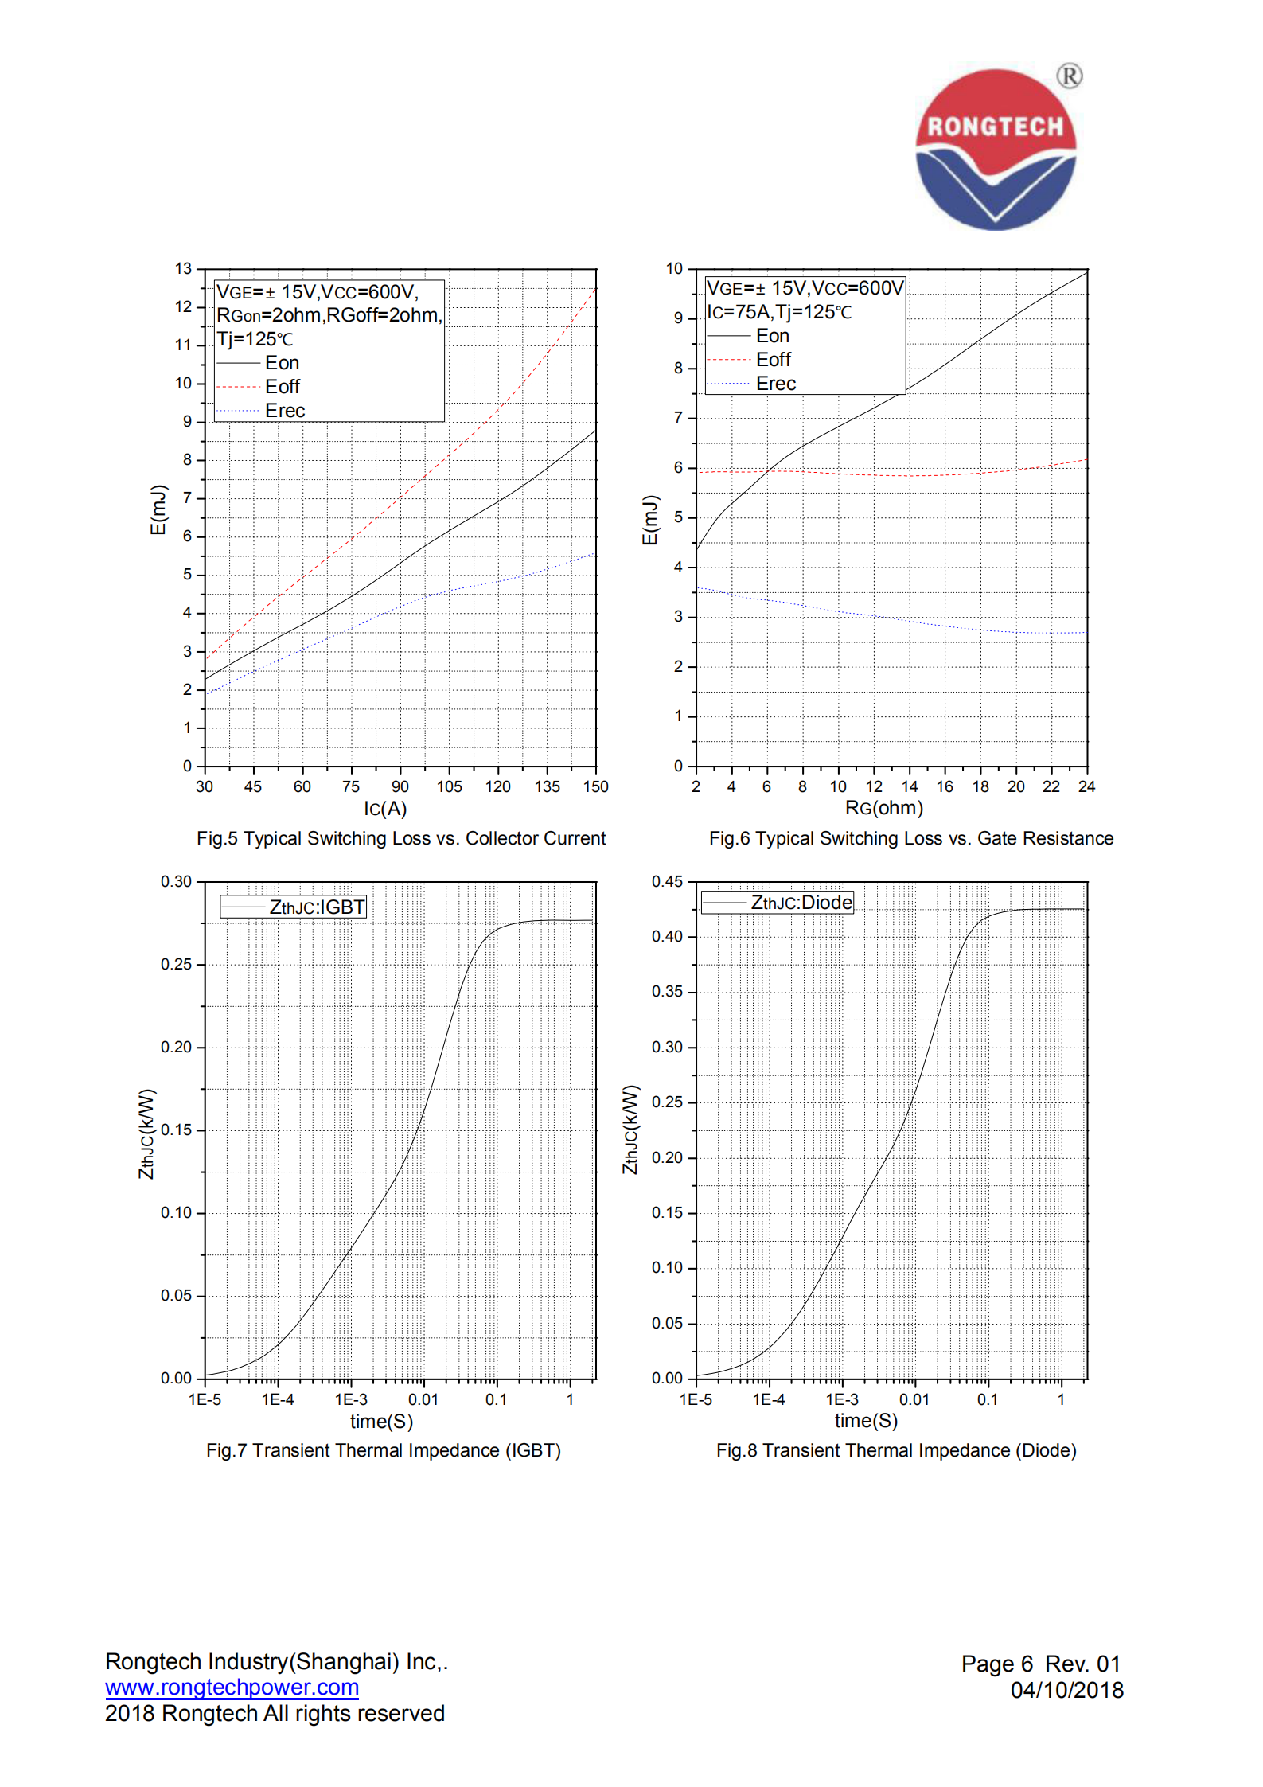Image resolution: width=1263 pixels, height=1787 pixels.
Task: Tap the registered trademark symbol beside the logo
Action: click(1070, 76)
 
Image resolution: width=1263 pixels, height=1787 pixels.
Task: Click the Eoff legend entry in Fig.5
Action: click(282, 387)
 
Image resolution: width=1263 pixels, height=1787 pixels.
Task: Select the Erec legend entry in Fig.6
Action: click(775, 384)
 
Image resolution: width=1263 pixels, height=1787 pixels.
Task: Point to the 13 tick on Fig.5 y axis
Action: click(184, 269)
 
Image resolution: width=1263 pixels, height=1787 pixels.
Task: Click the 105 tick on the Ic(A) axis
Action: click(449, 786)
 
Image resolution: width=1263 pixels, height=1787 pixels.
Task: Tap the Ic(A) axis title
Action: click(385, 809)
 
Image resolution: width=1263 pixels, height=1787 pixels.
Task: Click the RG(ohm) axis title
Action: click(883, 808)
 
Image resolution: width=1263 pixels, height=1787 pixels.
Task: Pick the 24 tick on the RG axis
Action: click(1086, 786)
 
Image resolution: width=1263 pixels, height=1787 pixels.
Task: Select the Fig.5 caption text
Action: click(401, 838)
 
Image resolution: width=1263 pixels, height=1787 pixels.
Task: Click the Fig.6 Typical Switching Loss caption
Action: click(911, 838)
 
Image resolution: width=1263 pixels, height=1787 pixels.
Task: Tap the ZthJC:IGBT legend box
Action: click(294, 907)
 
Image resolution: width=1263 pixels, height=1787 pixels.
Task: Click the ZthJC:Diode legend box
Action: click(778, 903)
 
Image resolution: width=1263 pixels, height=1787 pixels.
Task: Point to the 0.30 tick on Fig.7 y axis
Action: click(176, 882)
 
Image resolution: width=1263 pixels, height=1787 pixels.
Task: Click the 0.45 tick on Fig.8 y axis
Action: click(667, 882)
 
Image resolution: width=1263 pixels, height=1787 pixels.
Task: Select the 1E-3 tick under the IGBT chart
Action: click(351, 1399)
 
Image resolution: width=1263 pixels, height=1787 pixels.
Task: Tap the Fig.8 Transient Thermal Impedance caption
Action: click(896, 1450)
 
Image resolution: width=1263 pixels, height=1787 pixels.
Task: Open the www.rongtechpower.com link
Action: click(232, 1688)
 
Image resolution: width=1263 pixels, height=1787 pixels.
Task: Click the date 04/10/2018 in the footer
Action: click(1066, 1690)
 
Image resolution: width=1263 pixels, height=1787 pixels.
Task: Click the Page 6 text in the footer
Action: click(996, 1664)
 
